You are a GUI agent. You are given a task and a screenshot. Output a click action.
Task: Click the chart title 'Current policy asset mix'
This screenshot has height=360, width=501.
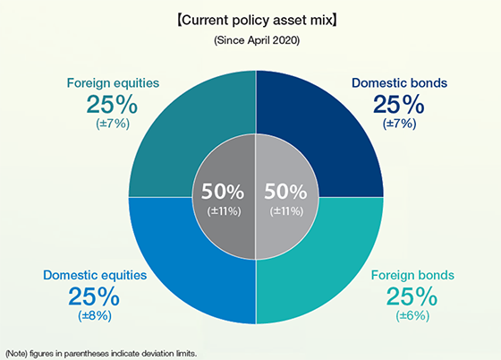(x=257, y=18)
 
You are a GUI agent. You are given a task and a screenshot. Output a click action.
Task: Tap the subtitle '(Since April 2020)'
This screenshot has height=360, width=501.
(x=257, y=39)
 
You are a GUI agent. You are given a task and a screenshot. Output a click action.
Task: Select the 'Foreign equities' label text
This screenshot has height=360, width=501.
(x=113, y=83)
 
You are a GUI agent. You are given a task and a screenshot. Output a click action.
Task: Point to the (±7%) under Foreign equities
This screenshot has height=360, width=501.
(x=113, y=124)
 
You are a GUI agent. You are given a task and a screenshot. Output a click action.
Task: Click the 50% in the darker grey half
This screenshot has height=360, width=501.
(x=222, y=192)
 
